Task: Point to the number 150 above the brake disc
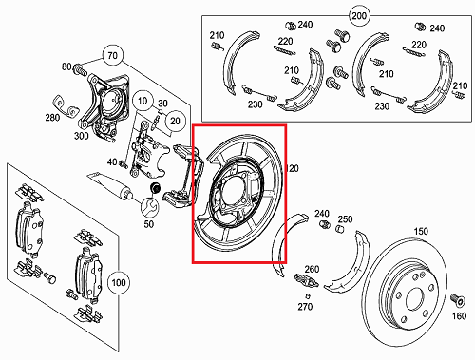[420, 231]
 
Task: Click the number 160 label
[459, 317]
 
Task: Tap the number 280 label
[52, 118]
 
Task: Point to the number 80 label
[66, 67]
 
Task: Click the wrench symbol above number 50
[149, 206]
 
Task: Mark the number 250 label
[346, 219]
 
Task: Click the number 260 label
[312, 269]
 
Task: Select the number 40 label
[112, 161]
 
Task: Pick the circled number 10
[142, 101]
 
